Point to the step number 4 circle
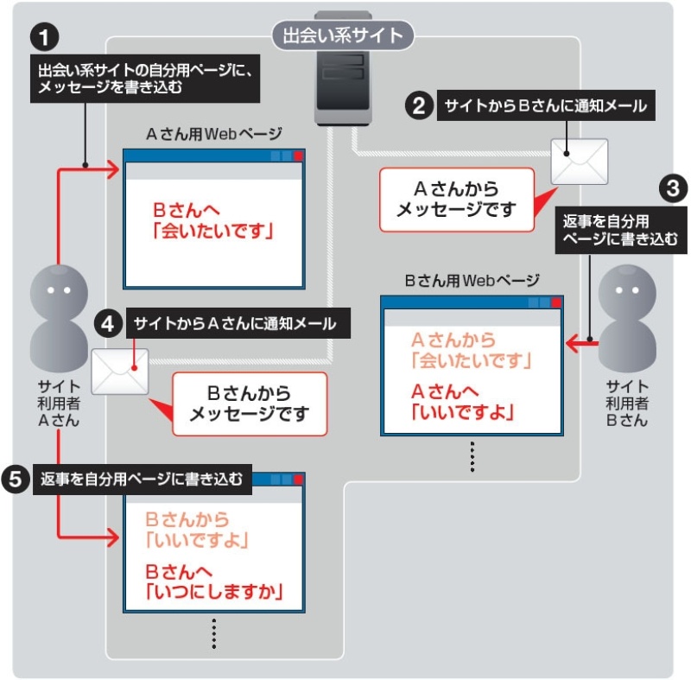tap(107, 324)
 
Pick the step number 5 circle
tap(16, 479)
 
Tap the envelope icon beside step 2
tap(580, 161)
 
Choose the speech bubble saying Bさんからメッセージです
tap(250, 404)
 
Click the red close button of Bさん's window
tap(556, 302)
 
